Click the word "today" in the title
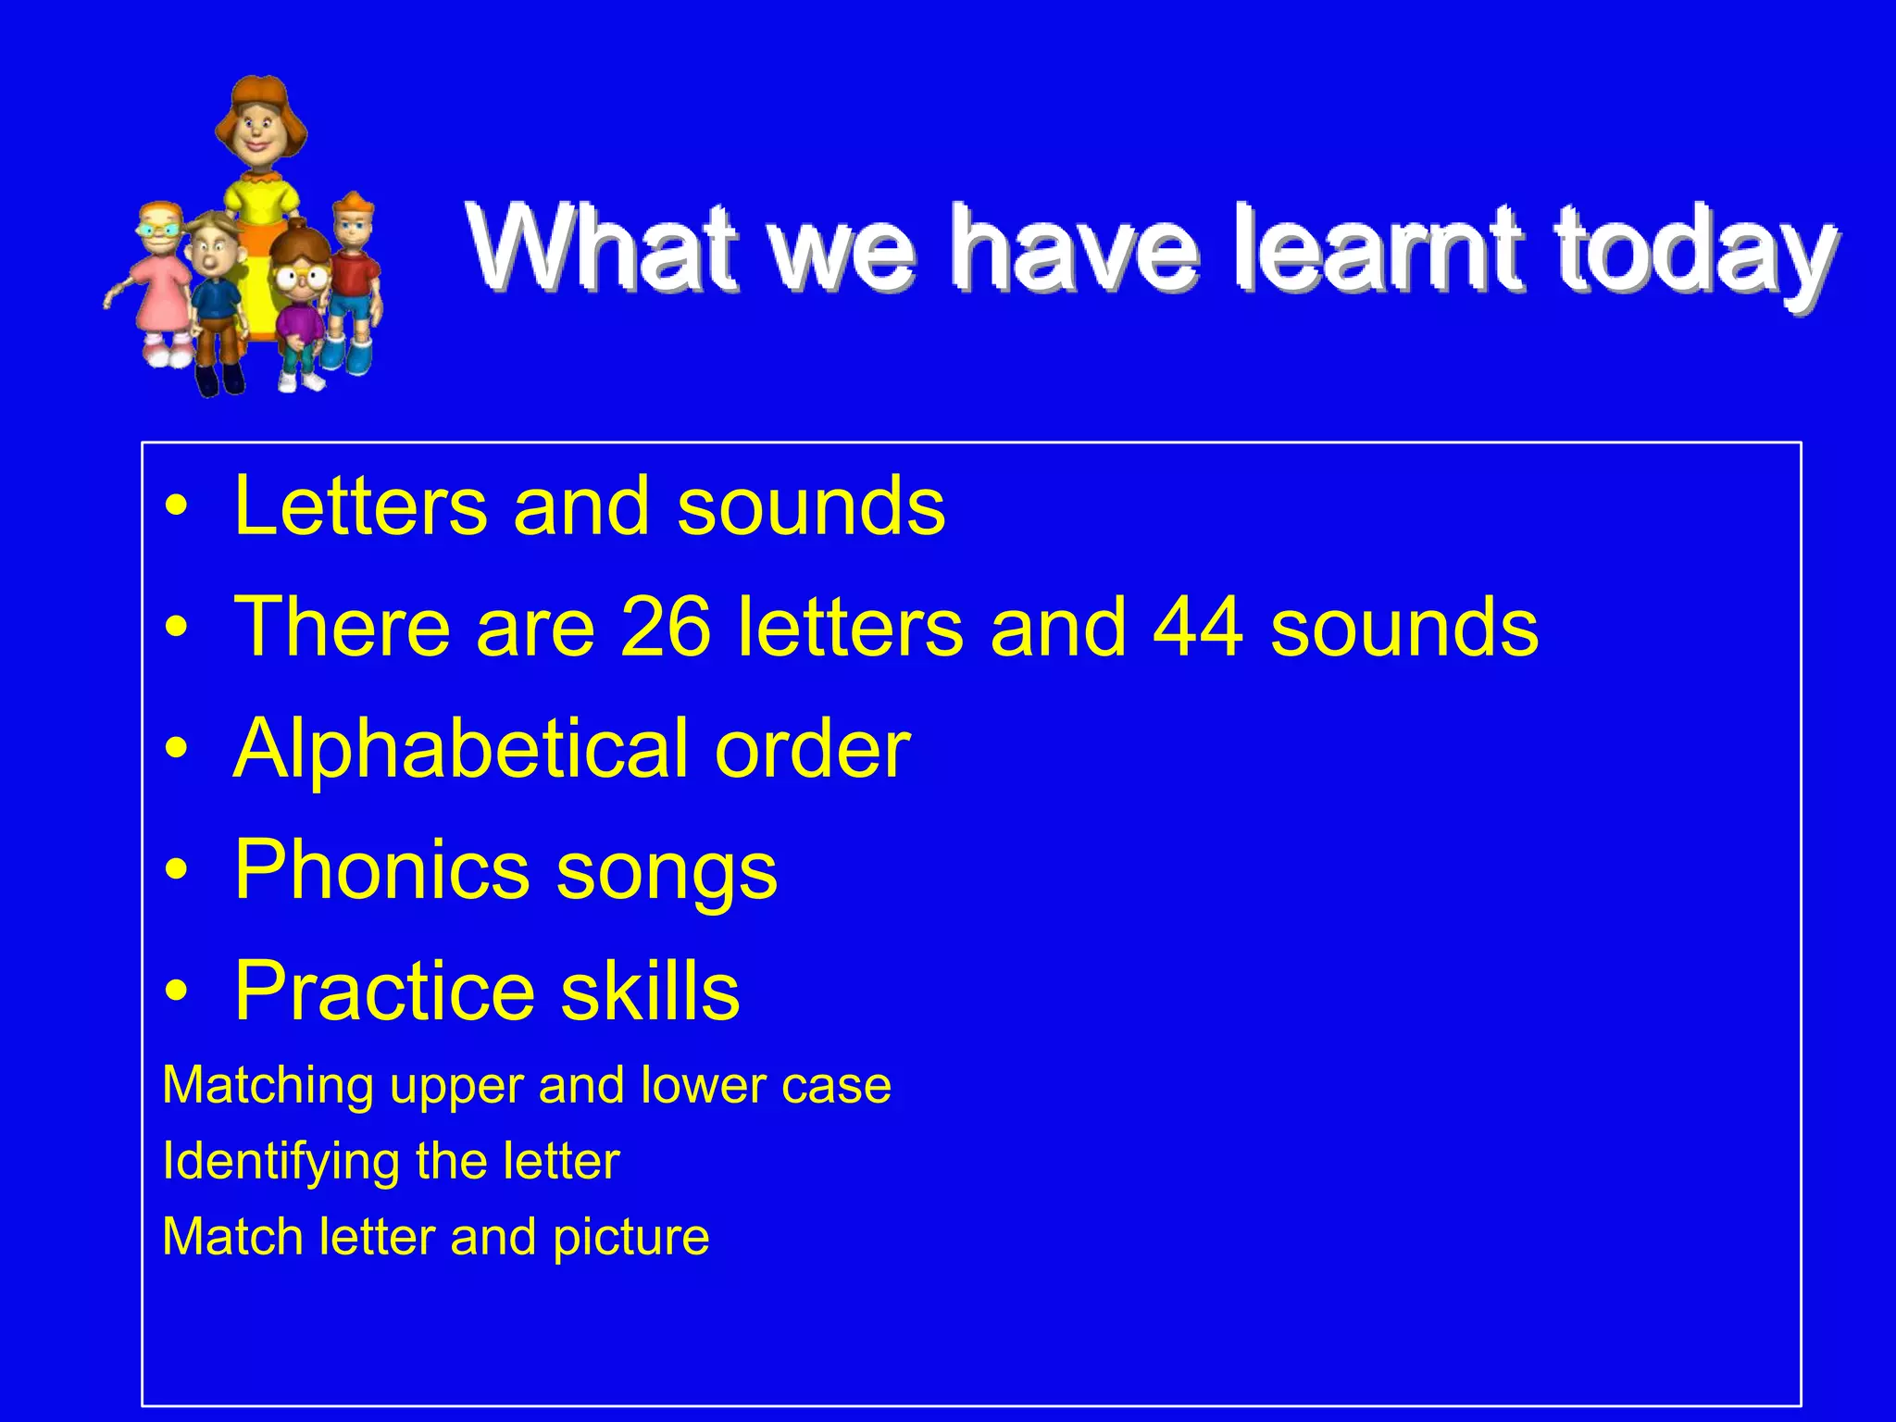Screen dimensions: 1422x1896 (1695, 250)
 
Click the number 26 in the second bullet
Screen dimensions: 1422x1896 (666, 627)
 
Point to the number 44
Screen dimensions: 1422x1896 (1198, 627)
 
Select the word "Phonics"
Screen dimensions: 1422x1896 (382, 869)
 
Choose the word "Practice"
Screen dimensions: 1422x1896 (384, 991)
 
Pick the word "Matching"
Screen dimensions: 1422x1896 (268, 1086)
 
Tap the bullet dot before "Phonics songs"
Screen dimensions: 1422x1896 (176, 870)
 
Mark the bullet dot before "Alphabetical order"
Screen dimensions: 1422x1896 (176, 748)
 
